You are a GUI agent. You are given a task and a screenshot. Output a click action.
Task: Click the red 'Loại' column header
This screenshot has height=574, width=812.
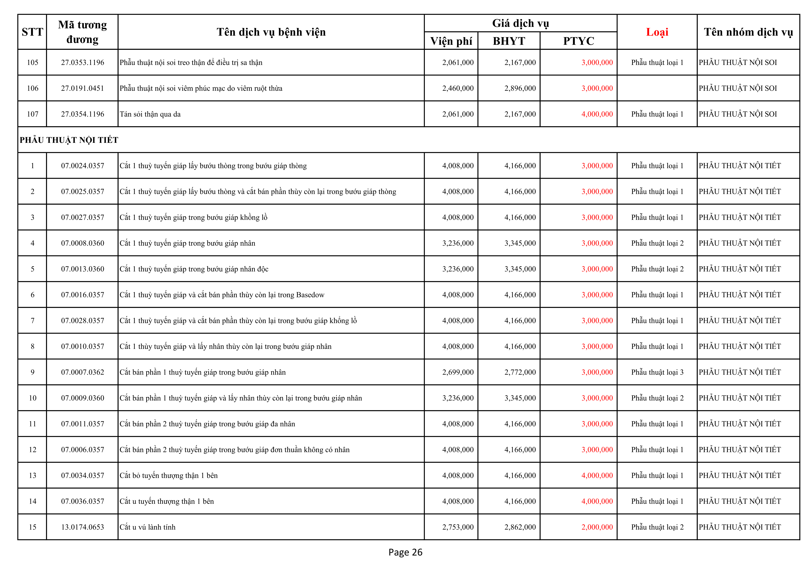coord(657,32)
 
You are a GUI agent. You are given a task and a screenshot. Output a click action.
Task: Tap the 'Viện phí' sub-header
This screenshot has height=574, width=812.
coord(451,41)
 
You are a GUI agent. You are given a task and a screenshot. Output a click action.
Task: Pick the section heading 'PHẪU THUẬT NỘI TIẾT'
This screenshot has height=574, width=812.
coord(69,140)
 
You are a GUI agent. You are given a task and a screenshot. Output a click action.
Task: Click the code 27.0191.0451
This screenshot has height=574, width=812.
coord(82,88)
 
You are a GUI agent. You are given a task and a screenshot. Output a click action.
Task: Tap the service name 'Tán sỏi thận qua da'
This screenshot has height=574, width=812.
coord(150,114)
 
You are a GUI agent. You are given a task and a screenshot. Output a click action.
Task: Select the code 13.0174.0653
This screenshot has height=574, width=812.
coord(82,527)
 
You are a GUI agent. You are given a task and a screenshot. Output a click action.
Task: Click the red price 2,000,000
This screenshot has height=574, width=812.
coord(597,527)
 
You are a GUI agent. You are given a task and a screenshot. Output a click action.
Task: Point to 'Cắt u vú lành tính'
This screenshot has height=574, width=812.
coord(147,527)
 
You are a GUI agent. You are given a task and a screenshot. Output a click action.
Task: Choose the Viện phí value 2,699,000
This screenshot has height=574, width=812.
coord(458,372)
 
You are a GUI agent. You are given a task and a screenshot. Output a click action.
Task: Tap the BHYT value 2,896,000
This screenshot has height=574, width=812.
coord(520,88)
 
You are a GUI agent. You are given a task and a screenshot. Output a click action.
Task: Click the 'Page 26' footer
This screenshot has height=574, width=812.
coord(405,552)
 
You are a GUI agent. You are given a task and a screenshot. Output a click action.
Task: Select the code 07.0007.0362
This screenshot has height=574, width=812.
coord(82,372)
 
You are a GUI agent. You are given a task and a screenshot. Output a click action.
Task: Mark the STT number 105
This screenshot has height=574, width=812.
coord(32,62)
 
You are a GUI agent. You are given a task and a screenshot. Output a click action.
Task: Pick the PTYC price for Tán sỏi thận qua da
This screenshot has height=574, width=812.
coord(597,114)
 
